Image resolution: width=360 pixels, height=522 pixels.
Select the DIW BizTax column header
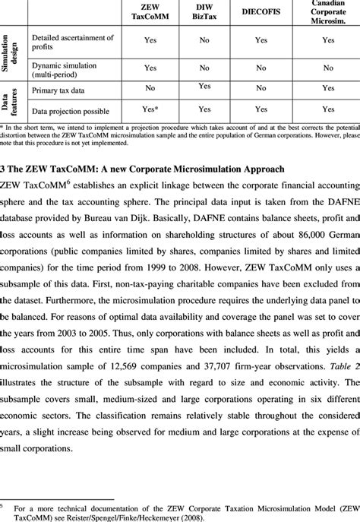tap(204, 12)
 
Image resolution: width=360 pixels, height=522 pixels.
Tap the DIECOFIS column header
tap(261, 12)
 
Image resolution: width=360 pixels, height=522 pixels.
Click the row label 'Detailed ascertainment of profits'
tap(72, 42)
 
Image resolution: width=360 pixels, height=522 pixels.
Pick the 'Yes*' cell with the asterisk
tap(150, 109)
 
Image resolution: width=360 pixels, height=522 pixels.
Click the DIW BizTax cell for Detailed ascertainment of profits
tap(204, 41)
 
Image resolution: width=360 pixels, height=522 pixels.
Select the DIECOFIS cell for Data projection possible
tap(261, 109)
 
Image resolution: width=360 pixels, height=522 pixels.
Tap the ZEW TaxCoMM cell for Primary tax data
tap(150, 88)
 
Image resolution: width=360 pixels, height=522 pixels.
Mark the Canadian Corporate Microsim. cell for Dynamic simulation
tap(327, 68)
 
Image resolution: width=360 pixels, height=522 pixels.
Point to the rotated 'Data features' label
tap(11, 100)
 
